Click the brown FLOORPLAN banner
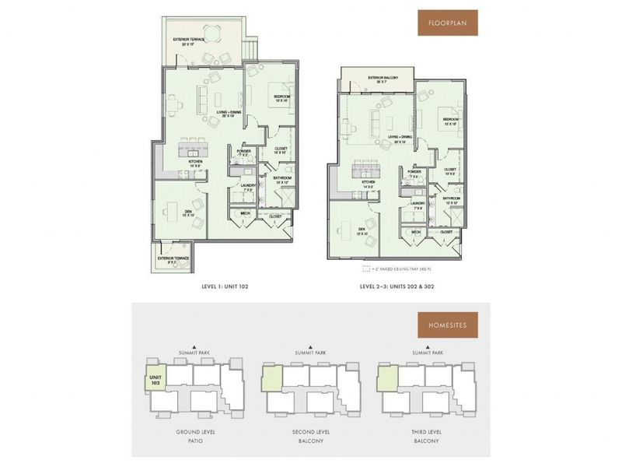point(447,23)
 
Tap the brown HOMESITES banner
point(447,325)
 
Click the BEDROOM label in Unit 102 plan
point(281,98)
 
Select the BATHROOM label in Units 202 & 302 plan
point(452,200)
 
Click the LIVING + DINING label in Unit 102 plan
point(226,115)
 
